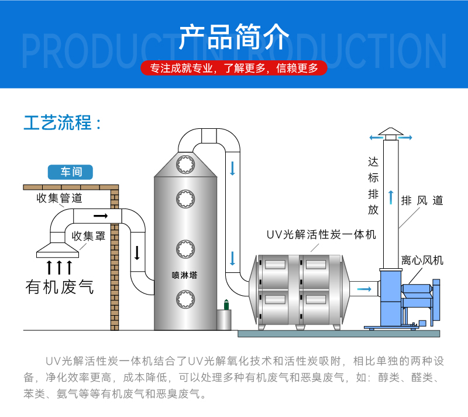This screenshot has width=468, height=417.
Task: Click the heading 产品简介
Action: coord(234,36)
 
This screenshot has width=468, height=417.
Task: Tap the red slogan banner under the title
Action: coord(234,68)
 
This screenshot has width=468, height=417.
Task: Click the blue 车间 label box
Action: coord(71,172)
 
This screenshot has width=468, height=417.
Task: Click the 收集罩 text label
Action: coord(89,236)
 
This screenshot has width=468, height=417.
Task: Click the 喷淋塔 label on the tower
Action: coord(185,275)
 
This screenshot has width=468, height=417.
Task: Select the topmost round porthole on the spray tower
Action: coord(185,163)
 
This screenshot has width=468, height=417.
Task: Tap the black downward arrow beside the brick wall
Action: coord(137,253)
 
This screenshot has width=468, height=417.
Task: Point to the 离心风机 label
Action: coord(422,259)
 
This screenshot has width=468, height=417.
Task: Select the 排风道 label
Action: coord(422,201)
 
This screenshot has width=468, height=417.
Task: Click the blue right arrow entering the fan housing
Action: coord(364,289)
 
